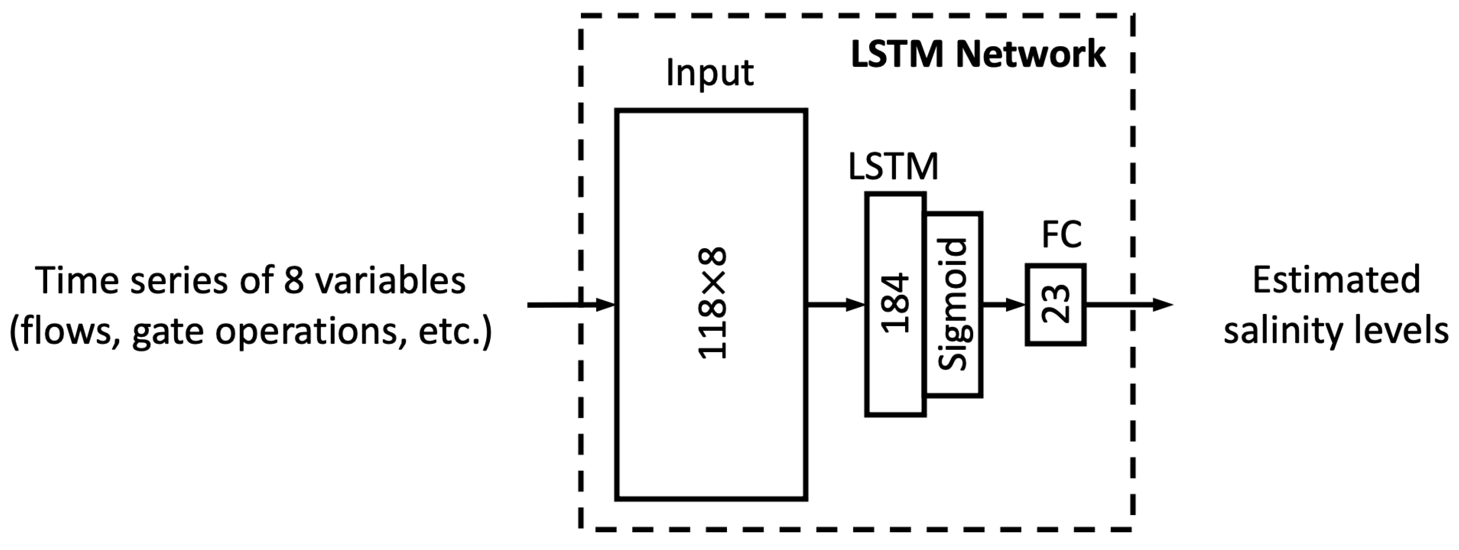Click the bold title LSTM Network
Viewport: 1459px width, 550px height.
point(978,55)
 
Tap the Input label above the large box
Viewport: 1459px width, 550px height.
point(710,73)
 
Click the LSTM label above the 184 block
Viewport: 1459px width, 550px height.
point(893,167)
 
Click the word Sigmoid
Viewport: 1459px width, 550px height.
point(953,304)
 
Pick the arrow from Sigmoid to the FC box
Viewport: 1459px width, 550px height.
point(1004,305)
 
